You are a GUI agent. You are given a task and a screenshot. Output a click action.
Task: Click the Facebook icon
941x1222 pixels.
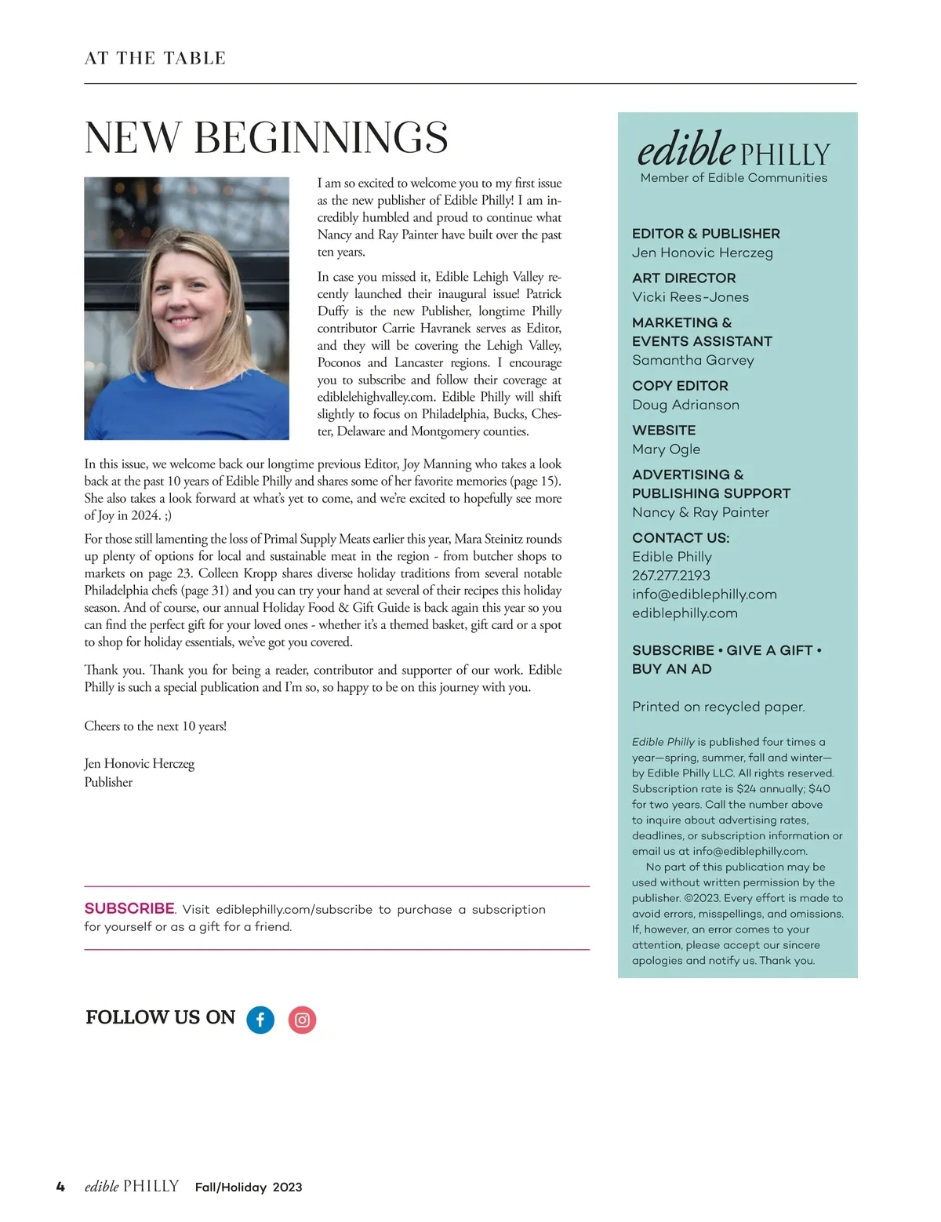tap(260, 1020)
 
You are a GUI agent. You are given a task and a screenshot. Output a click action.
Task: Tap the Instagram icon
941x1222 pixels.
tap(302, 1020)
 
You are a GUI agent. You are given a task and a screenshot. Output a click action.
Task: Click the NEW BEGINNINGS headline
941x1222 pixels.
tap(266, 138)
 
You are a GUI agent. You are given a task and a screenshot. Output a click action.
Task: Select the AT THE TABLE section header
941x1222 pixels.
tap(155, 58)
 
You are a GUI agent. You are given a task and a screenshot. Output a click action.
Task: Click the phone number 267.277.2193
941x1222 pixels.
tap(670, 576)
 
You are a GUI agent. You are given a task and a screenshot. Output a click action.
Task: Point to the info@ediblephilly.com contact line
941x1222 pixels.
tap(704, 595)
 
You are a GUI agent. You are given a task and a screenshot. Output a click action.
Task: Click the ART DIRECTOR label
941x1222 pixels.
tap(684, 278)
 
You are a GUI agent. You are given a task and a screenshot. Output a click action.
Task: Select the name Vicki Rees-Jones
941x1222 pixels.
tap(690, 297)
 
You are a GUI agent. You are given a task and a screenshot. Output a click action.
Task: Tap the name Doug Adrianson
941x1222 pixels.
tap(685, 405)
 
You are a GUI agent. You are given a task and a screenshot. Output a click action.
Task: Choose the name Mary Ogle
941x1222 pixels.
tap(666, 449)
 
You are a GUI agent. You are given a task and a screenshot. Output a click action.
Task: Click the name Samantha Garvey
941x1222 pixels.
tap(692, 360)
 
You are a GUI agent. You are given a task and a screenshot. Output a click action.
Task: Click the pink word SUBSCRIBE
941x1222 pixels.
tap(129, 908)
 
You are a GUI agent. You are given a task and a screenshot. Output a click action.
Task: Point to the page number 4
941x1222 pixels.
tap(60, 1187)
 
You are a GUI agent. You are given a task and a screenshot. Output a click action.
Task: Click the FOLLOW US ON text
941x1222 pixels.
tap(160, 1017)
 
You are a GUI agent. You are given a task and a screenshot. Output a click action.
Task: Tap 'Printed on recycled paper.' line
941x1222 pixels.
tap(718, 707)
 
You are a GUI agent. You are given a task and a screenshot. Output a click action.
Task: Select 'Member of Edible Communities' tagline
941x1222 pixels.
tap(733, 178)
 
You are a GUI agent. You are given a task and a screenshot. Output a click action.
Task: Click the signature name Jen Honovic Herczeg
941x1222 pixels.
tap(139, 763)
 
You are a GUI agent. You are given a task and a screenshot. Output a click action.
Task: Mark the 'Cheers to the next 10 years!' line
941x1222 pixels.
tap(155, 726)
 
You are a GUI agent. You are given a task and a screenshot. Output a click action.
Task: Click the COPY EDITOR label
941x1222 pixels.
tap(680, 386)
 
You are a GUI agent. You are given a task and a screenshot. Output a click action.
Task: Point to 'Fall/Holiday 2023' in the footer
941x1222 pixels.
tap(249, 1187)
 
